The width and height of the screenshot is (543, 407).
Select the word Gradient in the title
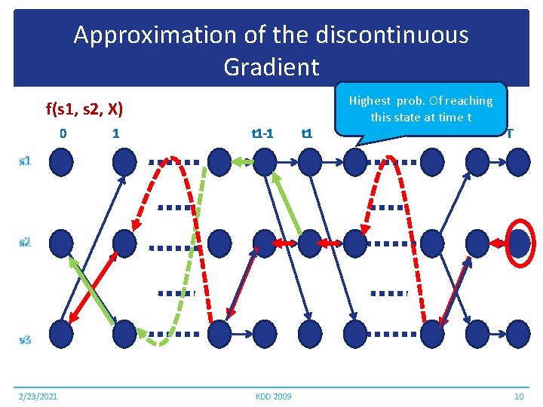pyautogui.click(x=271, y=67)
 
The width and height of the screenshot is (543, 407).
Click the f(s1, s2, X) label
pyautogui.click(x=84, y=109)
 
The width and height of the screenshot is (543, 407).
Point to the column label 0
pyautogui.click(x=63, y=134)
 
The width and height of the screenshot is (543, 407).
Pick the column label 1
pyautogui.click(x=115, y=134)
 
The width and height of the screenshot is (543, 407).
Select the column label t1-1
pyautogui.click(x=262, y=134)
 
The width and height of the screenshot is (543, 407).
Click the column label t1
pyautogui.click(x=306, y=134)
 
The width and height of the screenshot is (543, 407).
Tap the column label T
pyautogui.click(x=510, y=134)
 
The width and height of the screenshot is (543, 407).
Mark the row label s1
pyautogui.click(x=25, y=161)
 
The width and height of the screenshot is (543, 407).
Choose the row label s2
pyautogui.click(x=25, y=242)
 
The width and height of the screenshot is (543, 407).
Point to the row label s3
pyautogui.click(x=25, y=340)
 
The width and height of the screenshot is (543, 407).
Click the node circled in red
pyautogui.click(x=518, y=243)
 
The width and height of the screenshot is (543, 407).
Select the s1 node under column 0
pyautogui.click(x=62, y=161)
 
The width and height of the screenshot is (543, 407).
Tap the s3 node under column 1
pyautogui.click(x=124, y=332)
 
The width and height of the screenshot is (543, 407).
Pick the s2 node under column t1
pyautogui.click(x=309, y=243)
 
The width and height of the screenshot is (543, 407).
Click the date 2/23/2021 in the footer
pyautogui.click(x=38, y=396)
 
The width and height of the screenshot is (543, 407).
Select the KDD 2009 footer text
pyautogui.click(x=272, y=396)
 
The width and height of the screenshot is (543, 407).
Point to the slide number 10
pyautogui.click(x=518, y=396)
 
